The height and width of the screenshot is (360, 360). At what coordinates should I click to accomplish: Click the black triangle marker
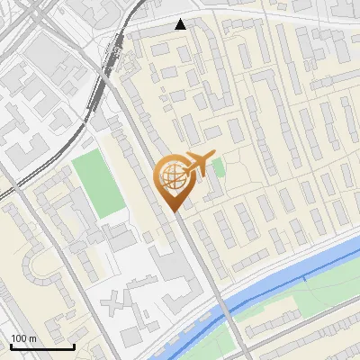[x=181, y=24]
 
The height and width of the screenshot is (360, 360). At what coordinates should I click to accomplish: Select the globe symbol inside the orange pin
[x=171, y=178]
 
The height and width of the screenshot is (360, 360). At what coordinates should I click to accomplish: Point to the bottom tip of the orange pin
[x=175, y=211]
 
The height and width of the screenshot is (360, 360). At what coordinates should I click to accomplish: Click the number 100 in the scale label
[x=19, y=338]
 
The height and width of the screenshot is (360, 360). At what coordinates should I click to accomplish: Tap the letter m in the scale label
[x=32, y=338]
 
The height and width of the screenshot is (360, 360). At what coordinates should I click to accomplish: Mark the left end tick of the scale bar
[x=11, y=345]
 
